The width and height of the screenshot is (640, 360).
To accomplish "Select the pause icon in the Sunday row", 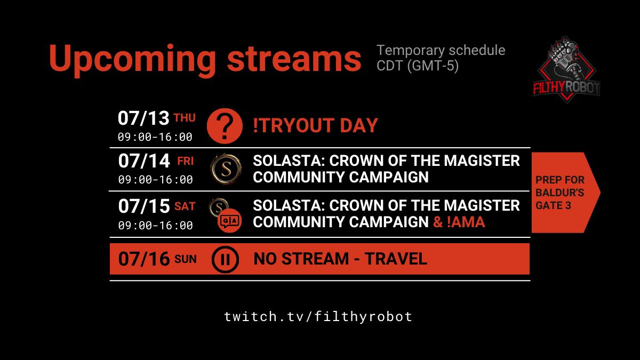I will (x=223, y=260).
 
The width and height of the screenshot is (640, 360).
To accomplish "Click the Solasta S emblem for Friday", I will (x=222, y=168).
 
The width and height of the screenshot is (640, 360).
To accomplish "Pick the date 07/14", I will (x=143, y=161).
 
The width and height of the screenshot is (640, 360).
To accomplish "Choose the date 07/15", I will (x=143, y=206).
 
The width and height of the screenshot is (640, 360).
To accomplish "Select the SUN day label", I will (x=186, y=260).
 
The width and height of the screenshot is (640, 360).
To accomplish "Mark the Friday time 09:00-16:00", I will (x=155, y=180).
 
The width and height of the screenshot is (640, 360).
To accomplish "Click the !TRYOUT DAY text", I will (x=315, y=126).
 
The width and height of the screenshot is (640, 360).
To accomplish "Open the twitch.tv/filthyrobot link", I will (x=318, y=316).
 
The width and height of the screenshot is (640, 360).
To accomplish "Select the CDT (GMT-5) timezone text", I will (x=418, y=67).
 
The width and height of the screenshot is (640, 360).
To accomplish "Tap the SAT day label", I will (x=185, y=206).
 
